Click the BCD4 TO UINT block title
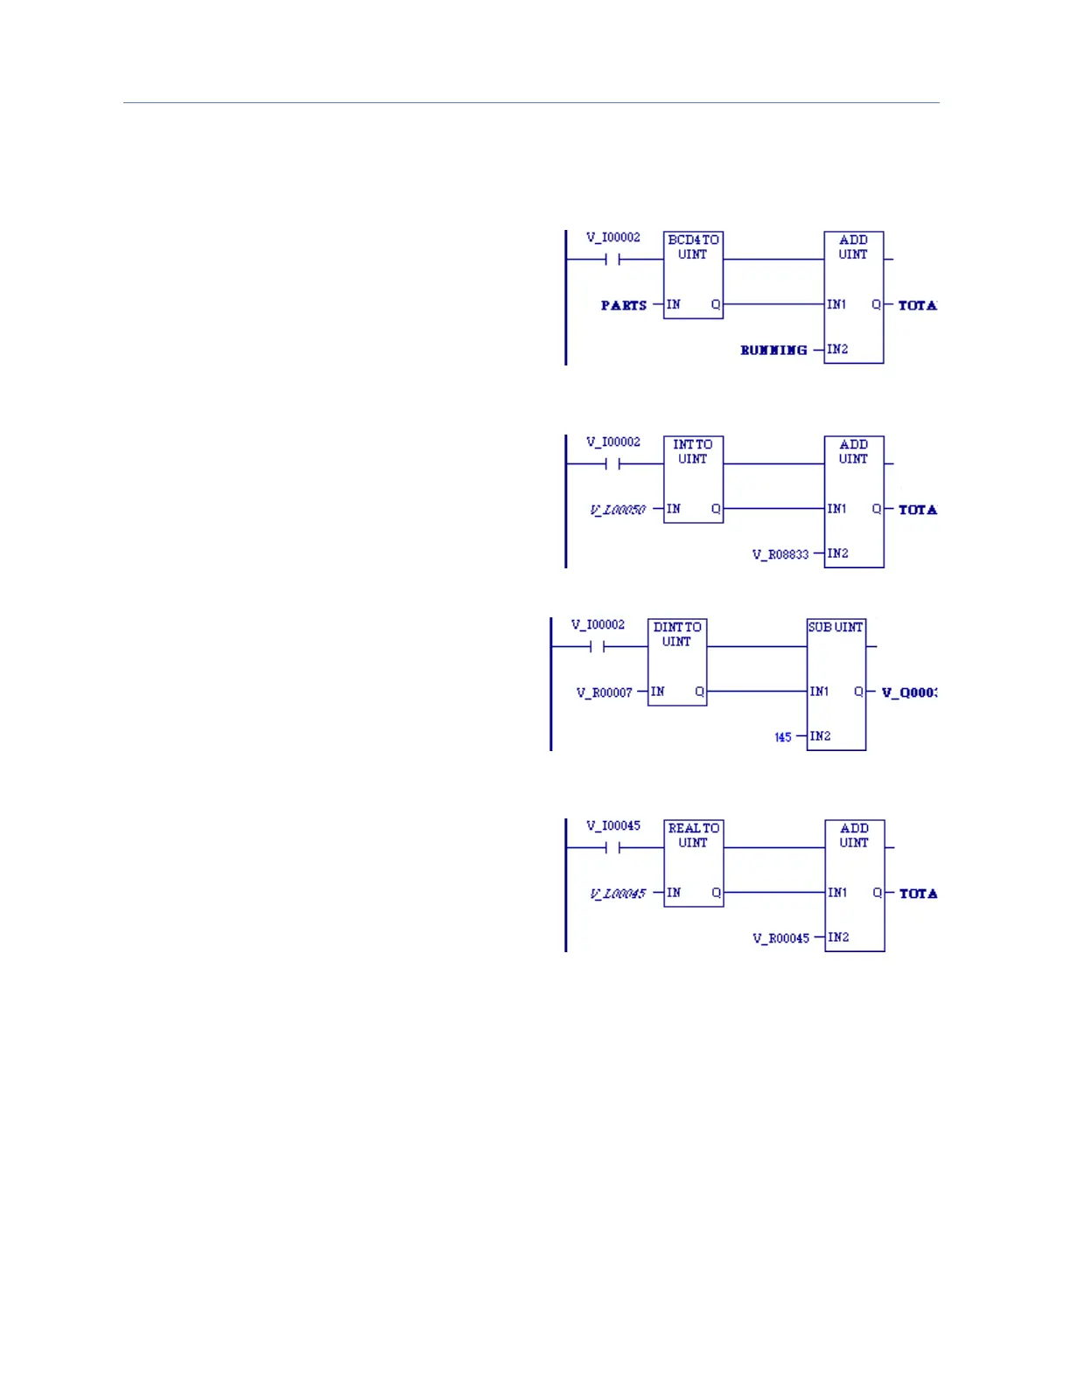pos(693,247)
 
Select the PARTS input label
pos(623,305)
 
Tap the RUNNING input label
pos(773,350)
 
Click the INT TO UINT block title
pos(693,451)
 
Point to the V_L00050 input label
pos(618,510)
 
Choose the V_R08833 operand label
pos(780,554)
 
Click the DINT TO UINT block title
pos(677,634)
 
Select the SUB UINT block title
pos(836,627)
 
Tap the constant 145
pos(783,737)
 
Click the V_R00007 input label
pos(604,692)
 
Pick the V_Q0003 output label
pos(909,692)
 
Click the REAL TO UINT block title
pos(694,835)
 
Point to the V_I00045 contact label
pos(613,825)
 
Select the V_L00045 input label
pos(618,894)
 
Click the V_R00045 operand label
pos(780,938)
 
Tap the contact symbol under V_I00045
pos(612,847)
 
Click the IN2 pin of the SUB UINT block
pos(820,736)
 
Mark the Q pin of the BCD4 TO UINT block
pos(716,304)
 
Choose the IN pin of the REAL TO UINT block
pos(674,893)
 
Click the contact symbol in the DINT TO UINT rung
pos(598,647)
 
